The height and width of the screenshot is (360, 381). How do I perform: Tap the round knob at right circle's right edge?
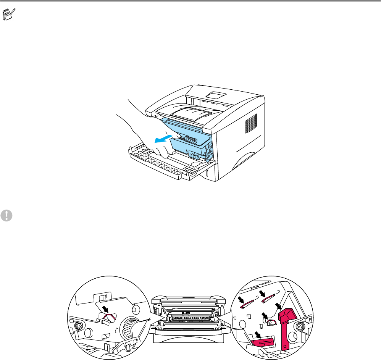click(300, 326)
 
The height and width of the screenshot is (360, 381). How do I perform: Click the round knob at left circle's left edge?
click(78, 325)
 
